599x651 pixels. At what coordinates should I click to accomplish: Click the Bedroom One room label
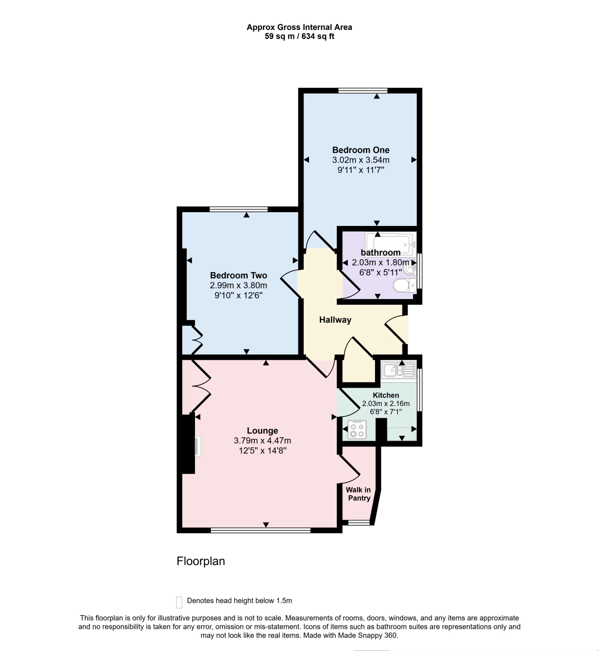[x=360, y=150]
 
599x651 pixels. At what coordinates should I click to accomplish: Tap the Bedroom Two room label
[x=238, y=276]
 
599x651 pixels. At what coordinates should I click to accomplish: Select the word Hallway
[x=335, y=320]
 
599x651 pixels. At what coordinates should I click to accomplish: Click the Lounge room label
[x=262, y=431]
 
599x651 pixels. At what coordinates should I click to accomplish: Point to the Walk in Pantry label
[x=358, y=494]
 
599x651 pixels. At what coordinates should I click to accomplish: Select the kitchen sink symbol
[x=398, y=370]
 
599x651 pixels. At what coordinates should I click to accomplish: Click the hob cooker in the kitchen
[x=357, y=430]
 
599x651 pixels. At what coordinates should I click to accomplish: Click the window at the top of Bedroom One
[x=363, y=91]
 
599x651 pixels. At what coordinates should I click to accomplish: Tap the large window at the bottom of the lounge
[x=260, y=531]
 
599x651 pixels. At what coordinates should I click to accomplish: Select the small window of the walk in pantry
[x=358, y=523]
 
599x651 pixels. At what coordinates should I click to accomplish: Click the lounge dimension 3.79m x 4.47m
[x=262, y=441]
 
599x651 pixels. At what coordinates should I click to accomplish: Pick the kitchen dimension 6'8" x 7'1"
[x=386, y=412]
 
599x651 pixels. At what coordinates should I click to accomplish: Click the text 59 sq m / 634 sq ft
[x=299, y=36]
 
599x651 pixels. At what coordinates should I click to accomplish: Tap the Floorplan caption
[x=201, y=561]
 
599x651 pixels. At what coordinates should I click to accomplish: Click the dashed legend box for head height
[x=179, y=602]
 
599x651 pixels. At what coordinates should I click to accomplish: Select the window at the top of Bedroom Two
[x=239, y=209]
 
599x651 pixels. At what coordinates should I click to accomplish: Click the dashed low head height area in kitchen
[x=401, y=434]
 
